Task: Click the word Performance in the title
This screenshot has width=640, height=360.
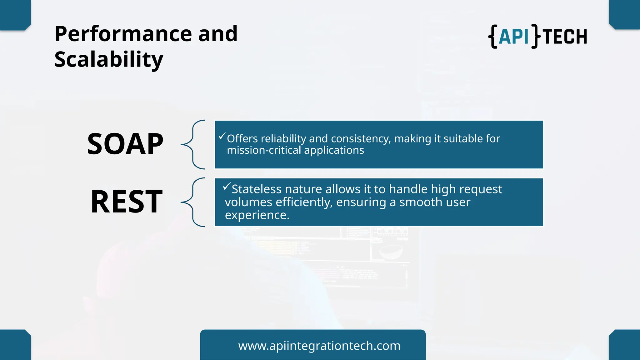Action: pos(123,34)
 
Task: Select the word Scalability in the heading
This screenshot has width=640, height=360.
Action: pos(109,60)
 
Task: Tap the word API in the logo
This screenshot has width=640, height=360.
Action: pos(514,37)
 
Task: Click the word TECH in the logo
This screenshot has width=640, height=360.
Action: pos(565,37)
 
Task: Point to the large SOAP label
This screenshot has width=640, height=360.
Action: pos(125,144)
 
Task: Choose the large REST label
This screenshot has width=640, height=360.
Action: pos(127,202)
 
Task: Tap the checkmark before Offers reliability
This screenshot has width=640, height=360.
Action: pos(222,136)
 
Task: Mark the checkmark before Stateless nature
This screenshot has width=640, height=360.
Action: pos(227,187)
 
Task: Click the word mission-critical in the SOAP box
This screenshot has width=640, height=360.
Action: pos(264,150)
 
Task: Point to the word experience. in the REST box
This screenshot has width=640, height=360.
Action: pos(257,215)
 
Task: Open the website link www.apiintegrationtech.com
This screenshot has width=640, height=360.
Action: pos(319,346)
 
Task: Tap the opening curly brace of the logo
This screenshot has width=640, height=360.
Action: pos(493,37)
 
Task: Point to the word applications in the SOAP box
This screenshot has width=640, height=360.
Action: pos(334,150)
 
